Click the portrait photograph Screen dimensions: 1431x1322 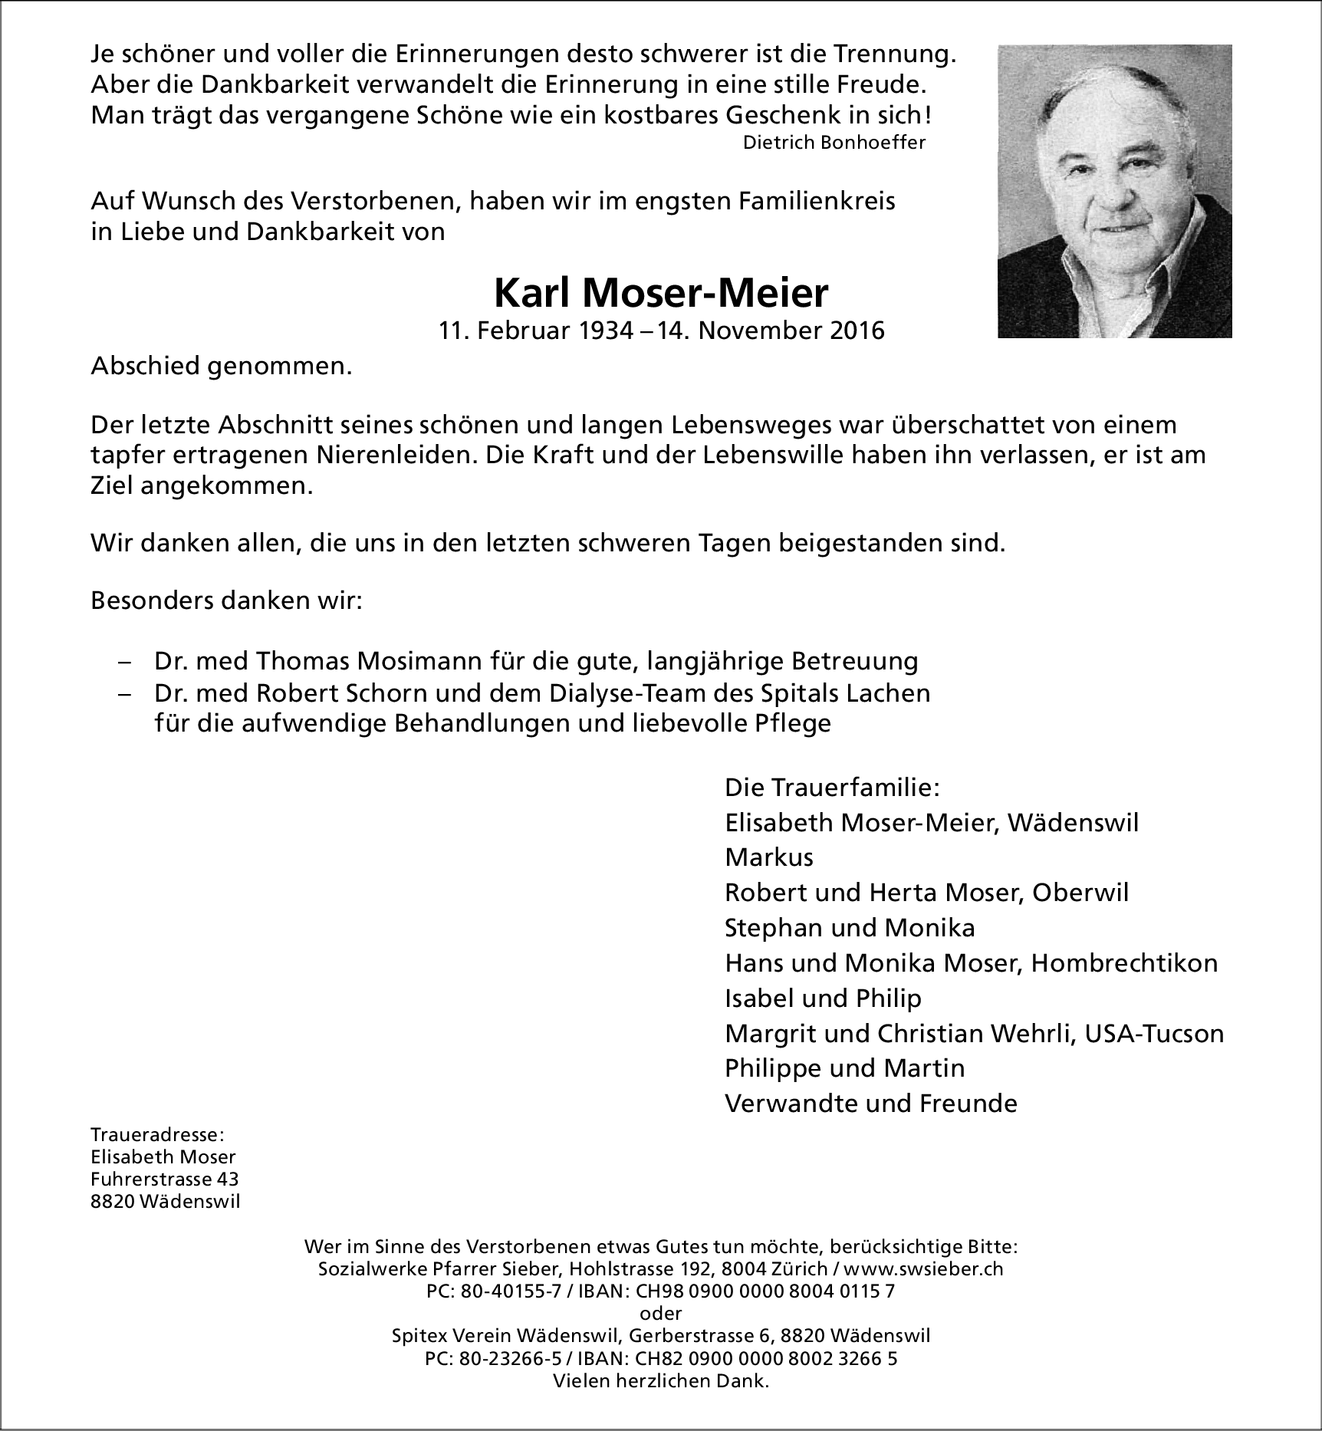[x=1114, y=191]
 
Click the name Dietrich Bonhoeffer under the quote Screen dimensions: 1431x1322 [x=834, y=143]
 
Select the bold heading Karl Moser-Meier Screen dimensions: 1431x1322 [x=661, y=292]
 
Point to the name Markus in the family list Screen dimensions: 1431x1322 [x=768, y=857]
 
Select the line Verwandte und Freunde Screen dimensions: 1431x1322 [x=870, y=1104]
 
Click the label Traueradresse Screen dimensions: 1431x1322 [x=157, y=1135]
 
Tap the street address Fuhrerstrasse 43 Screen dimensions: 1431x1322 [x=164, y=1179]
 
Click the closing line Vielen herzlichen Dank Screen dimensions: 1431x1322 [x=660, y=1381]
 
